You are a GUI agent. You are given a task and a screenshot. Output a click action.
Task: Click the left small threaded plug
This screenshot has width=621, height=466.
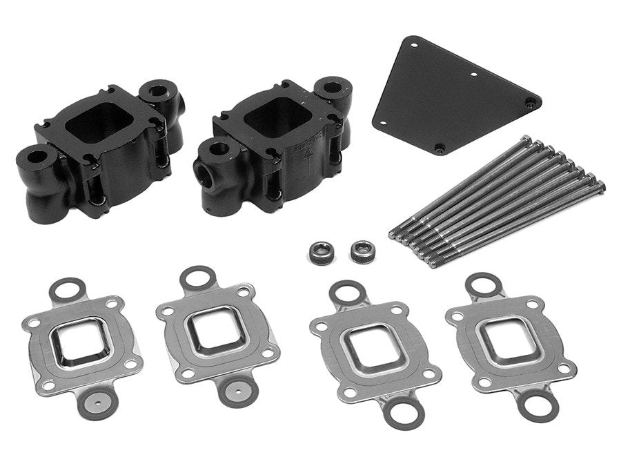coord(319,251)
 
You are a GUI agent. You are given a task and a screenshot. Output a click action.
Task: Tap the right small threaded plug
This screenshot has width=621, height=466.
coord(360,251)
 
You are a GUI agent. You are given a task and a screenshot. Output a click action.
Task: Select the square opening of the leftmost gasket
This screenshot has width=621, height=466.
coord(72,338)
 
